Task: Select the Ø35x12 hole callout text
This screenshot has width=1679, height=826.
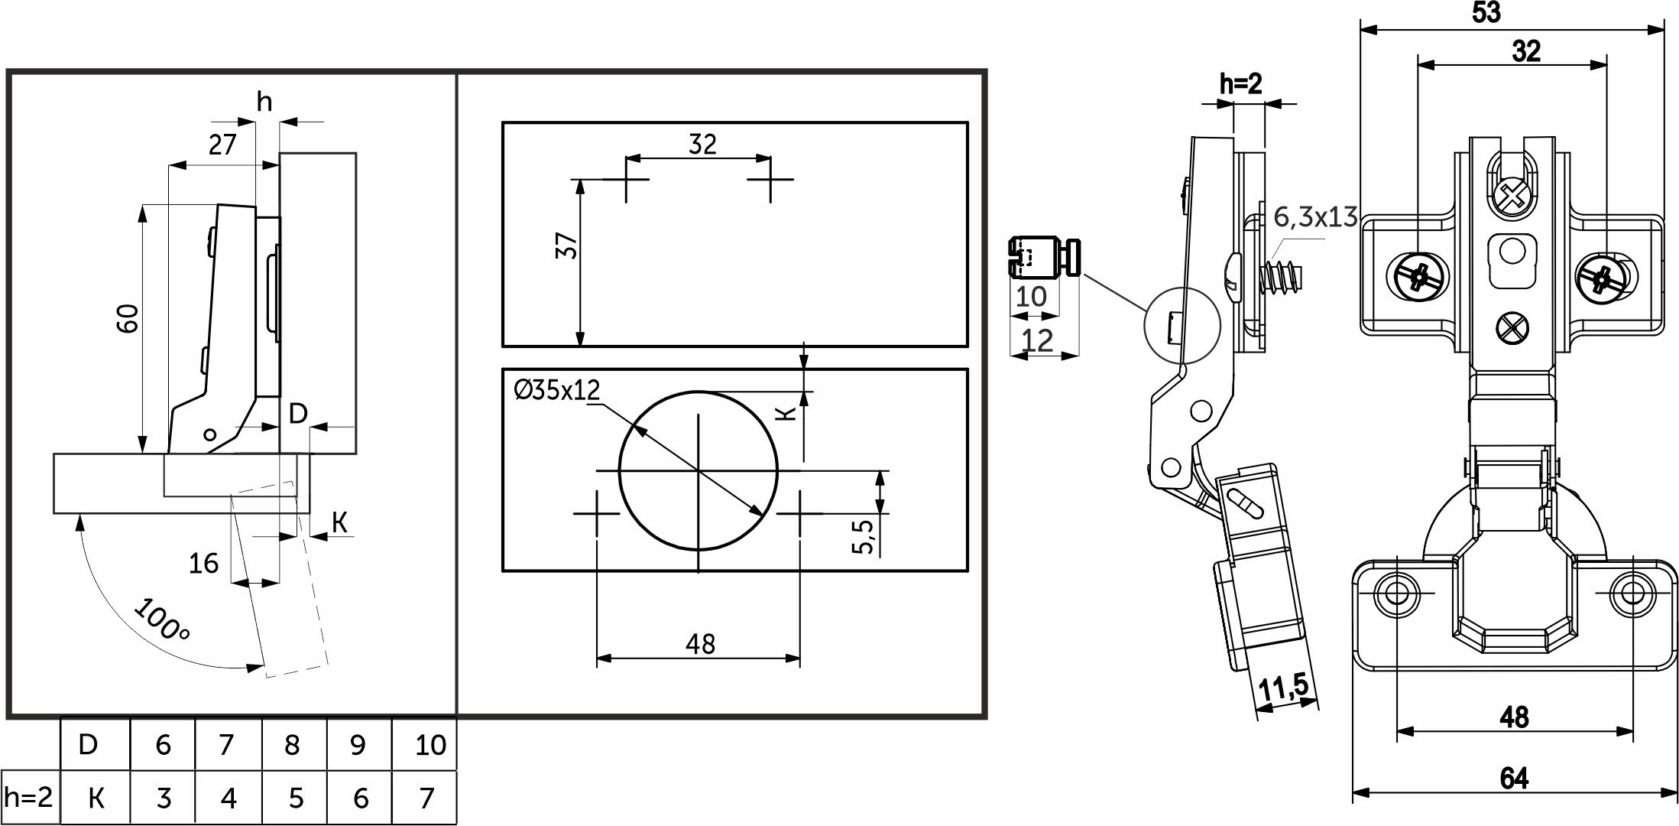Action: [x=557, y=390]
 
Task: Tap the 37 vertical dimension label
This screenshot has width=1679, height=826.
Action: [x=567, y=246]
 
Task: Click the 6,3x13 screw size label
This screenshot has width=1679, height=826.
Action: [x=1315, y=217]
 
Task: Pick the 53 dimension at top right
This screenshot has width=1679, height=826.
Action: [x=1486, y=12]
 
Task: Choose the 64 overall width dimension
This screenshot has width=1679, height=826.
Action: [x=1514, y=779]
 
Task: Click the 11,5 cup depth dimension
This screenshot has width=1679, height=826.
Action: [x=1283, y=688]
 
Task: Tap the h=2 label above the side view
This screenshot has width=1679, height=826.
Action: [x=1240, y=84]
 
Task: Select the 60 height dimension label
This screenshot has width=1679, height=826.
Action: [x=128, y=318]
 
